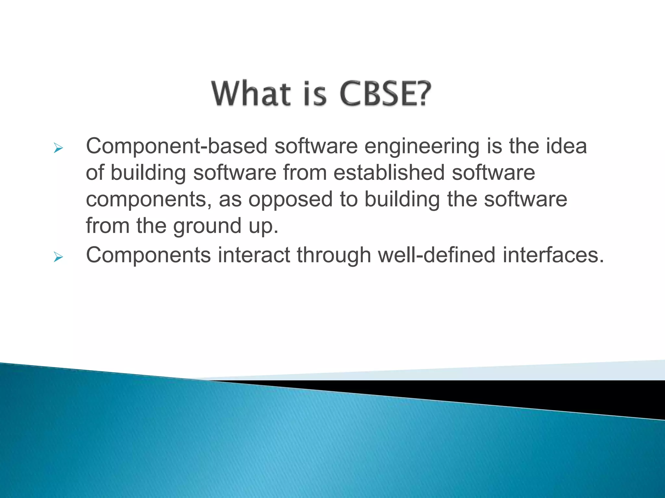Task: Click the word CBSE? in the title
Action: click(x=385, y=94)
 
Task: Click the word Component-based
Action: click(x=176, y=146)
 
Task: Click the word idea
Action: click(x=566, y=146)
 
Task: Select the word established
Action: click(x=389, y=172)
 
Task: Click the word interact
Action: click(x=254, y=255)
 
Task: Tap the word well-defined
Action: click(x=437, y=255)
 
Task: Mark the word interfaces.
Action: click(x=553, y=255)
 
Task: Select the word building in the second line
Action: click(x=148, y=173)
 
